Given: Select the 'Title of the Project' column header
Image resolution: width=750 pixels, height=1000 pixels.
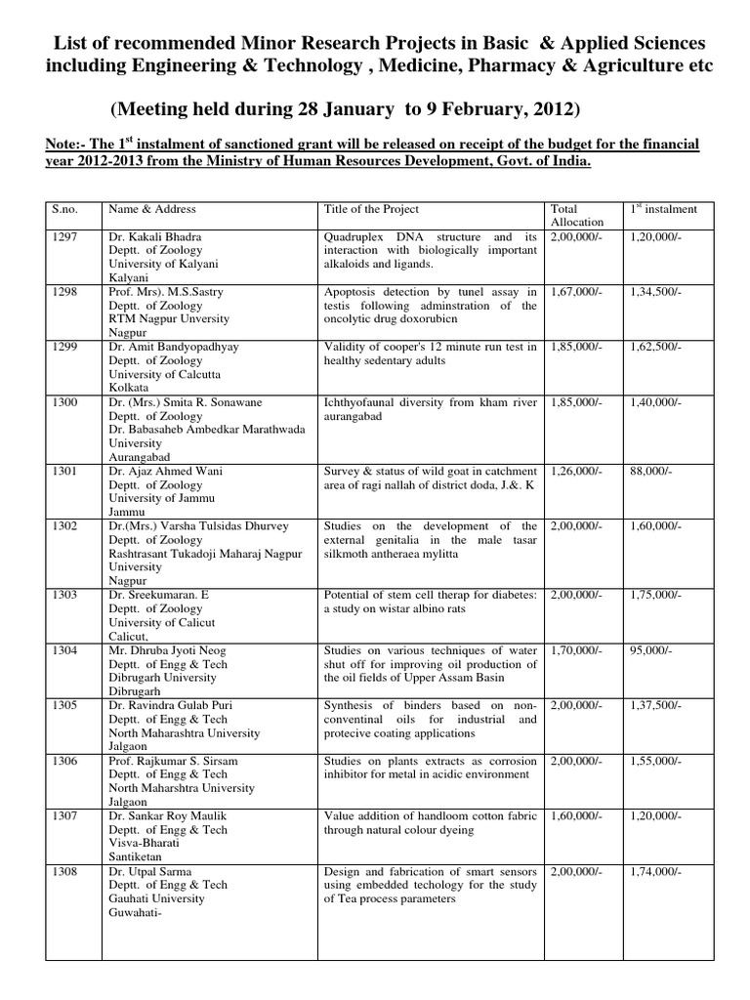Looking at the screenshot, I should pyautogui.click(x=371, y=209).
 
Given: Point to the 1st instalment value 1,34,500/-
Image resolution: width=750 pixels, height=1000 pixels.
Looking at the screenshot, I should pyautogui.click(x=661, y=292).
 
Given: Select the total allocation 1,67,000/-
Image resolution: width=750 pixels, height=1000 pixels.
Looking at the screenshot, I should pyautogui.click(x=577, y=292).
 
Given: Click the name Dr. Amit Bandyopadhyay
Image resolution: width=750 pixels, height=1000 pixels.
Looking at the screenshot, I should pyautogui.click(x=175, y=347).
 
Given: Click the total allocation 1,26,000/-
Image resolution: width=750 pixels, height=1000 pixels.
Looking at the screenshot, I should pyautogui.click(x=577, y=470).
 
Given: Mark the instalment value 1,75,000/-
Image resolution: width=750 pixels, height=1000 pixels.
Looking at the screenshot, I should pyautogui.click(x=661, y=594).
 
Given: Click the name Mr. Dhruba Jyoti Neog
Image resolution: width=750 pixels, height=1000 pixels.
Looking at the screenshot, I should pyautogui.click(x=166, y=648).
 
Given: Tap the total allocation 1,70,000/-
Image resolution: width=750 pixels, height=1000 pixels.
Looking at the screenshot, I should pyautogui.click(x=577, y=648).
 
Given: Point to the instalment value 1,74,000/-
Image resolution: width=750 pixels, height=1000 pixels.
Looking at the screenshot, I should pyautogui.click(x=661, y=870).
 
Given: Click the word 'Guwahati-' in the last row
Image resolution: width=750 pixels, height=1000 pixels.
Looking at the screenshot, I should pyautogui.click(x=137, y=912).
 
